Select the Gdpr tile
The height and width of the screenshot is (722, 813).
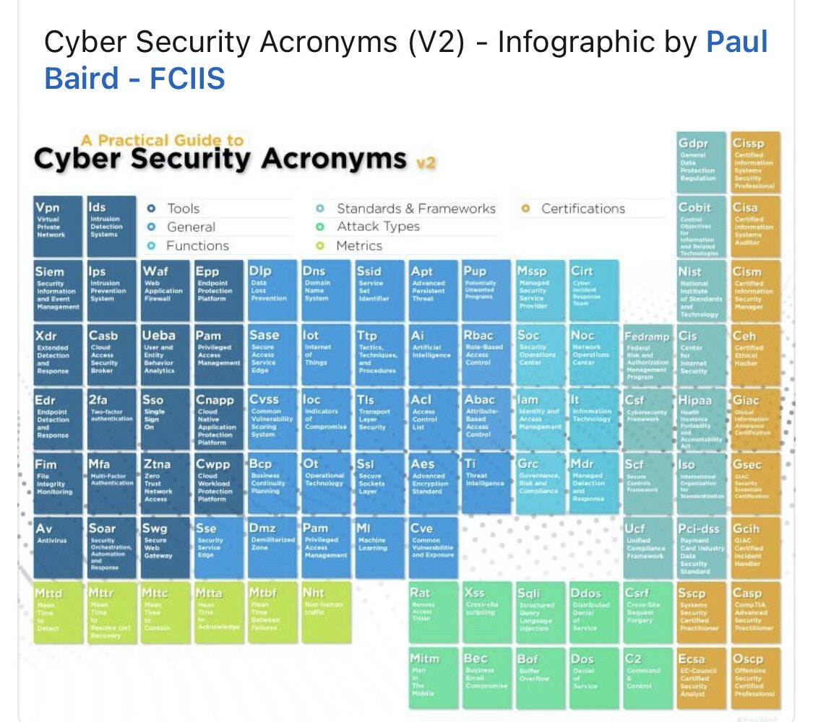pos(701,162)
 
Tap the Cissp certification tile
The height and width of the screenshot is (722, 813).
pos(755,162)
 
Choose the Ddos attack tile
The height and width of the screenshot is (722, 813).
pos(594,612)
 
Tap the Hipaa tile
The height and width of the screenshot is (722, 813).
pos(701,419)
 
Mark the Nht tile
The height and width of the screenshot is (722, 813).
pos(326,612)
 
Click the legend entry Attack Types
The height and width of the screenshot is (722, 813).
pos(377,227)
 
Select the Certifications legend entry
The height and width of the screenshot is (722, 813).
pos(582,209)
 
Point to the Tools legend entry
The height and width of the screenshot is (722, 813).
pos(183,209)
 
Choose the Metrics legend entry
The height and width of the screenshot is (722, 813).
pos(358,245)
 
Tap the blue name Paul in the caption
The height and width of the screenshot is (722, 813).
pos(736,43)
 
